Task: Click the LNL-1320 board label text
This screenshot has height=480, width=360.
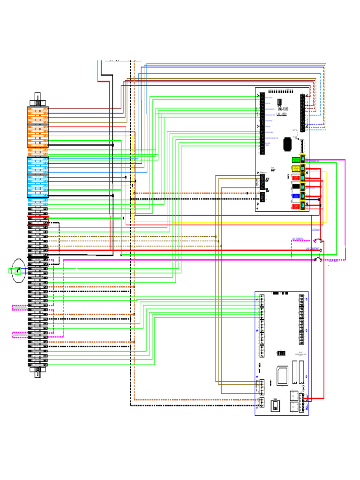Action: click(x=282, y=109)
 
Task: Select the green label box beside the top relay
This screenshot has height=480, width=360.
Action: click(x=295, y=160)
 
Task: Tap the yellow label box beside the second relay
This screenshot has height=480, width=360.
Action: click(x=295, y=168)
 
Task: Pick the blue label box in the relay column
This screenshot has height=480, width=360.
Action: click(x=295, y=196)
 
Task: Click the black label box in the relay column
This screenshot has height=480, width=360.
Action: click(x=295, y=187)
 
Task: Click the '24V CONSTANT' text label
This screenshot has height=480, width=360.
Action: click(x=313, y=248)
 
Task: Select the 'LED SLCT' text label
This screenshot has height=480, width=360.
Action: click(x=315, y=230)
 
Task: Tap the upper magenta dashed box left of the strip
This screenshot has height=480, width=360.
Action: click(x=20, y=308)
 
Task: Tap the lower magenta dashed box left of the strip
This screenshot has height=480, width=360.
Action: click(x=20, y=335)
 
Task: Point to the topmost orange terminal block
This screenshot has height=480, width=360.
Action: click(x=38, y=109)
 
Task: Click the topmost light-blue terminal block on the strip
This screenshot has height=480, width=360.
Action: click(x=38, y=159)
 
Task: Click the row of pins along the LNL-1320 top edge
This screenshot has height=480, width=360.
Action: click(x=287, y=91)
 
